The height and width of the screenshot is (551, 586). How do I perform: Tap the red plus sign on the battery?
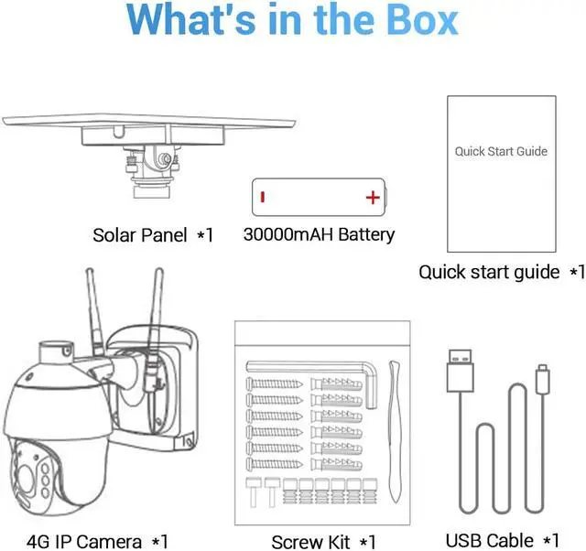[372, 197]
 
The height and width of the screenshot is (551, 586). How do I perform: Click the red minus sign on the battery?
[263, 197]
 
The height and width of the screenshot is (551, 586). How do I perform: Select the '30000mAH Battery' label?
[319, 234]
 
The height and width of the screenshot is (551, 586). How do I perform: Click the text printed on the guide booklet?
[501, 151]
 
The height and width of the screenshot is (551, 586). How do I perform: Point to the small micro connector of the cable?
[542, 374]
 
